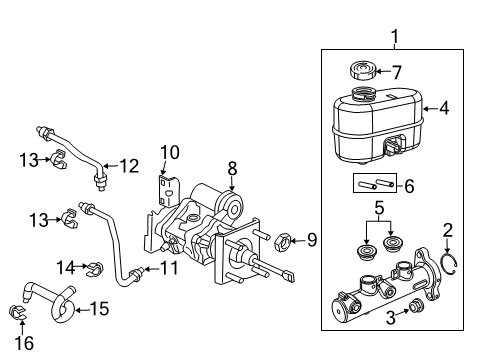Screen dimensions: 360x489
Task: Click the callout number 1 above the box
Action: click(395, 39)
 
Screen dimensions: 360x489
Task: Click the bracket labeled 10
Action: click(166, 189)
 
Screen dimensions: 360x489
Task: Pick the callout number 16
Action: click(24, 343)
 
